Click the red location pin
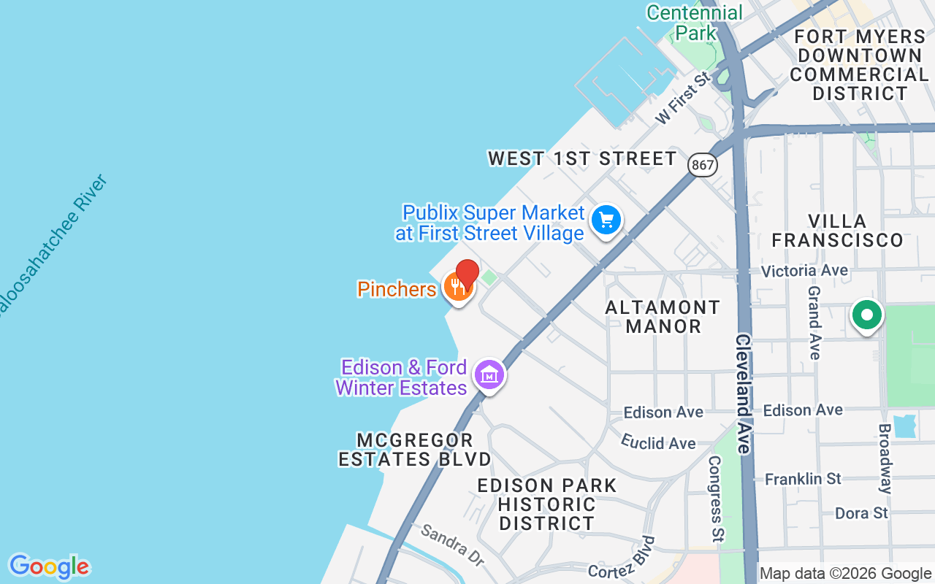(467, 273)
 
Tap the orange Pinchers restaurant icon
(458, 287)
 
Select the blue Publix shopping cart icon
(606, 219)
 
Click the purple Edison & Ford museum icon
(489, 374)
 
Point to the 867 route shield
(703, 165)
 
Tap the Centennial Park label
(695, 23)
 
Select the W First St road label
(682, 96)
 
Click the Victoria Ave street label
(804, 271)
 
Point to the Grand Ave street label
(814, 322)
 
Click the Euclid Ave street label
(658, 442)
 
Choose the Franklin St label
(803, 479)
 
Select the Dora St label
(861, 513)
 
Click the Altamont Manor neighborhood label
(663, 316)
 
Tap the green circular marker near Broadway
(867, 316)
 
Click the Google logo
(49, 566)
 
